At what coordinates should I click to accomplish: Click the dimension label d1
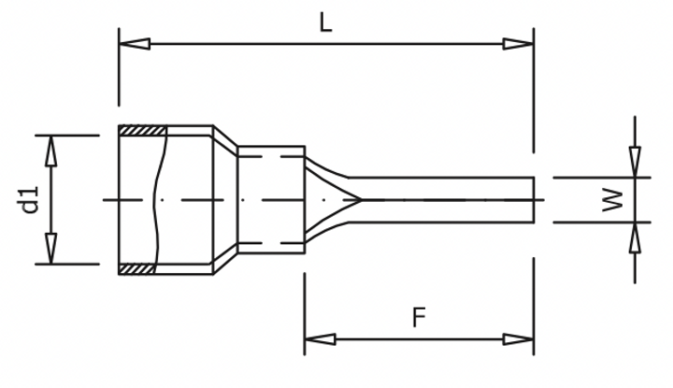(30, 199)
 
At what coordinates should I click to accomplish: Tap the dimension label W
(612, 199)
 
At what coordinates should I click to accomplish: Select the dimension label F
(420, 318)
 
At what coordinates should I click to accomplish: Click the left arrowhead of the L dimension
(134, 43)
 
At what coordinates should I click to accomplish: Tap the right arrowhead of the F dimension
(519, 338)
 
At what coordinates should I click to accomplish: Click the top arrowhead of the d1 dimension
(51, 150)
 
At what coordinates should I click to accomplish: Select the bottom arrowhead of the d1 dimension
(51, 250)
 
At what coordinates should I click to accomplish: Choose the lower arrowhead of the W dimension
(636, 237)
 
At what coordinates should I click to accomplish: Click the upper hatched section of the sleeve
(142, 131)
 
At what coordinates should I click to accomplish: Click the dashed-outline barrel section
(271, 199)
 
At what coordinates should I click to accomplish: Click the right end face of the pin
(535, 199)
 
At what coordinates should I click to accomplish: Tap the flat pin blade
(449, 199)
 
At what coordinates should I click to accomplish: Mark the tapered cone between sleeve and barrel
(226, 199)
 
